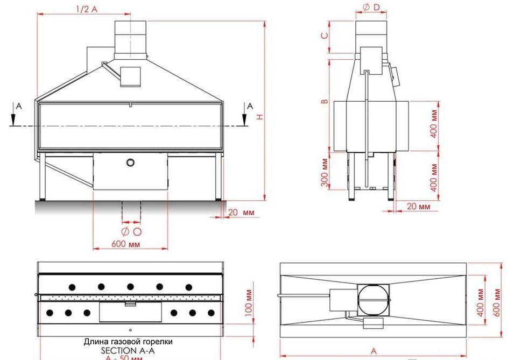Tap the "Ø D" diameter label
372,7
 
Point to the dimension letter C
324,36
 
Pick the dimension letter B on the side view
324,101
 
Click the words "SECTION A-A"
128,350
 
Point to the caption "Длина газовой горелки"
128,342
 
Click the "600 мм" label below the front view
126,244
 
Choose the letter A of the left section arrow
18,107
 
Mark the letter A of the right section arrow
249,107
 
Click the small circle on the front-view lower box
130,163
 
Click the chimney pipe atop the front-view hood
131,38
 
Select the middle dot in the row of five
130,286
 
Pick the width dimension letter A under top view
374,350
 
